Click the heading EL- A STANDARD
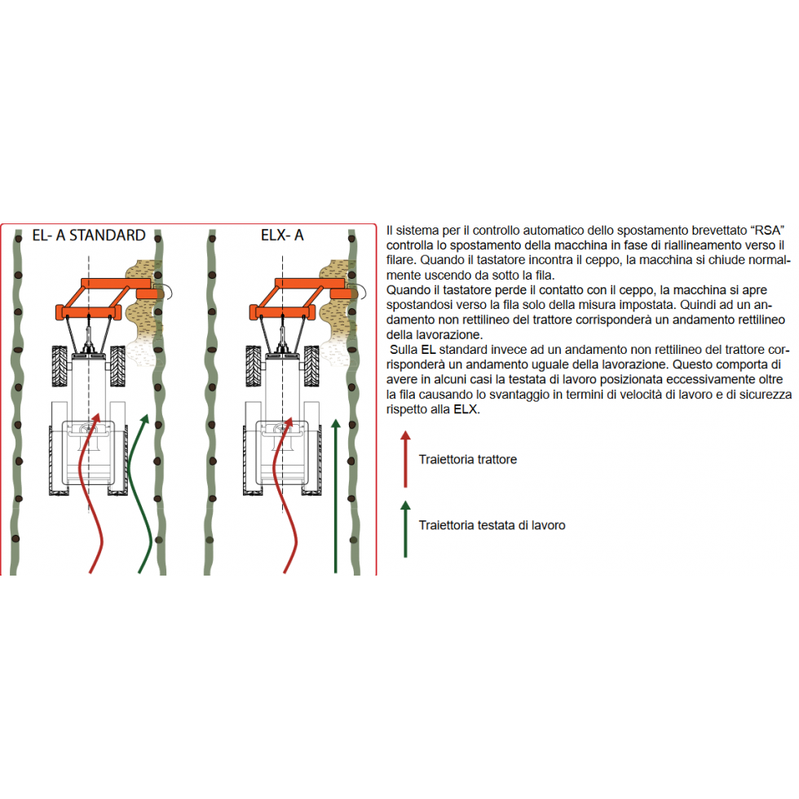(89, 235)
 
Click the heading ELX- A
(282, 235)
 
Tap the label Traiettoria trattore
(468, 460)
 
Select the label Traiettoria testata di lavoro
(492, 525)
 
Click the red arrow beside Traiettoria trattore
(406, 459)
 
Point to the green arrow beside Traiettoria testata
(406, 529)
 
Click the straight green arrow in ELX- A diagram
(335, 497)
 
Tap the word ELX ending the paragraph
(466, 409)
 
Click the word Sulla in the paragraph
(404, 350)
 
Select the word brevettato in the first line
(719, 230)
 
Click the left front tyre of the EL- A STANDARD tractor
(60, 365)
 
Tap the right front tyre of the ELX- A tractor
(311, 365)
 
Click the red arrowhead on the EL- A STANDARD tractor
(95, 418)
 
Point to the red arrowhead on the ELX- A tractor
(289, 422)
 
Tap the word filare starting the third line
(400, 260)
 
